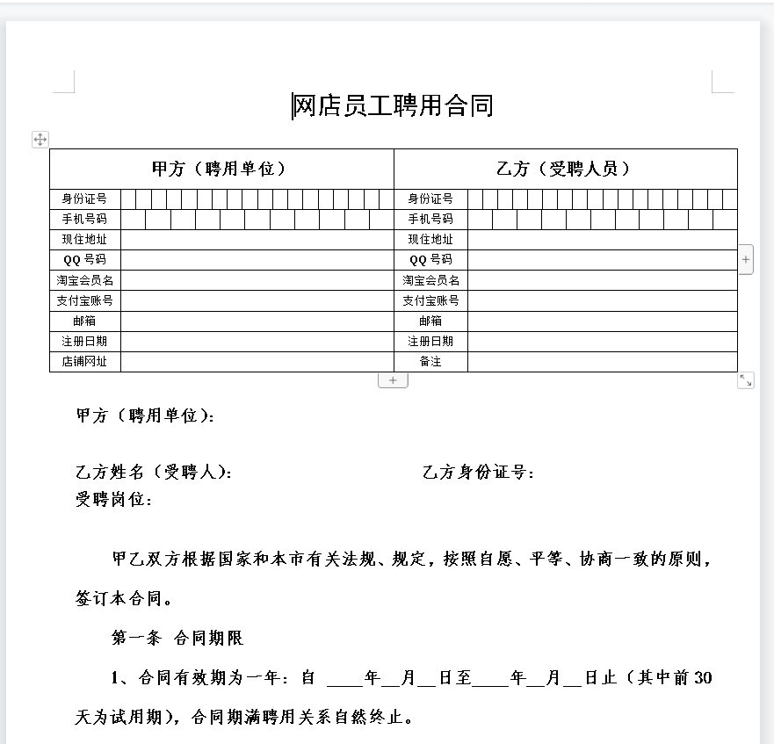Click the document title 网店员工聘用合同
pos(393,106)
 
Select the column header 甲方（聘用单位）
pos(220,169)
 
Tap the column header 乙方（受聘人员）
pos(564,169)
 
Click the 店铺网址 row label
pos(84,361)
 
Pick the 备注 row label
pos(430,361)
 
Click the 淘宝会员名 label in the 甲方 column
pos(84,280)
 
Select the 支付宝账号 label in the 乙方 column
pos(430,300)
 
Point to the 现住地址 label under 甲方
pos(84,240)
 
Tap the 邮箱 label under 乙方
pos(430,321)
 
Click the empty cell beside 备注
pos(602,361)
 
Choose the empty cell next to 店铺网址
pos(257,361)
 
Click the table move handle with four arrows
pos(40,139)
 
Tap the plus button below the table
pos(393,380)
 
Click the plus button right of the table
pos(746,259)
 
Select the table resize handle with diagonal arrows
pos(746,380)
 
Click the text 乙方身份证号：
pos(479,473)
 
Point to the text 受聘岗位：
pos(114,500)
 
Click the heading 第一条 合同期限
pos(177,638)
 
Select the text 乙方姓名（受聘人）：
pos(155,473)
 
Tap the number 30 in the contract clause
pos(703,677)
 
